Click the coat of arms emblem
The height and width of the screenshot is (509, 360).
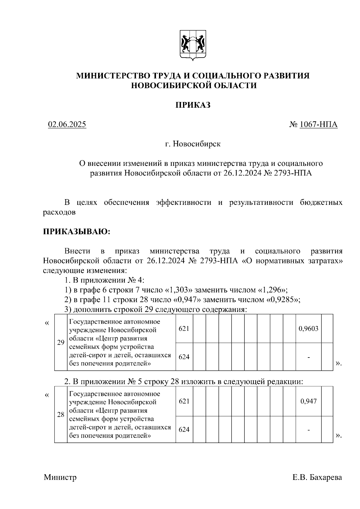coord(193,45)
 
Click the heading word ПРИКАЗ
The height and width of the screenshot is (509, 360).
coord(193,105)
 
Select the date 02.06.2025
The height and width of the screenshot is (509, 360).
coord(67,124)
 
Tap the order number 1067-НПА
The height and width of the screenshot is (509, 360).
coord(318,124)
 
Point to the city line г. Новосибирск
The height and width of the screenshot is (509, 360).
coord(193,144)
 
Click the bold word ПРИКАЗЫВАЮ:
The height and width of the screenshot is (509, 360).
coord(77,232)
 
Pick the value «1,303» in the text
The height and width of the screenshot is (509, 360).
coord(178,290)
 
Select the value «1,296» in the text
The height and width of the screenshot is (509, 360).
coord(271,290)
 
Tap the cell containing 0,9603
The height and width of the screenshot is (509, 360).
coord(308,328)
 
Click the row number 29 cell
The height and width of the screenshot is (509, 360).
coord(61,342)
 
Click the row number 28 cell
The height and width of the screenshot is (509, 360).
coord(61,415)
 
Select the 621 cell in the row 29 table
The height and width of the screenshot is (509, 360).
coord(184,328)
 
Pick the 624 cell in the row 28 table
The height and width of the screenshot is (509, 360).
coord(184,430)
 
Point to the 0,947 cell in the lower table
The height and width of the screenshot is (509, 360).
coord(308,401)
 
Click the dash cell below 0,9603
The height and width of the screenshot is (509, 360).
coord(308,357)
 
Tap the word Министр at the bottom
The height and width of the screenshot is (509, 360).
coord(60,477)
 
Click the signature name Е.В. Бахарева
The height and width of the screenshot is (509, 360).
coord(317,477)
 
